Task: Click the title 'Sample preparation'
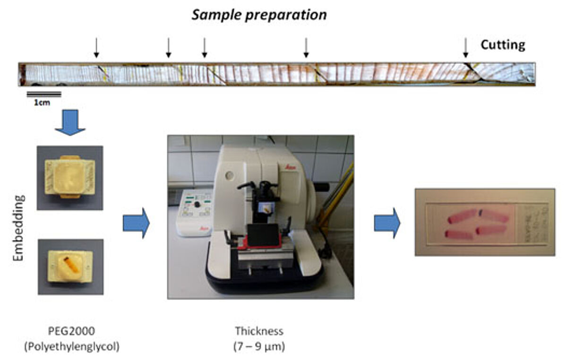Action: [259, 15]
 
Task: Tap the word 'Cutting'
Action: [503, 45]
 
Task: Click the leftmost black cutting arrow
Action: [96, 48]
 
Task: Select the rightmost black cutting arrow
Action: [465, 48]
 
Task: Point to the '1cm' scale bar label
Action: [42, 101]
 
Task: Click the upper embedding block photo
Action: [70, 178]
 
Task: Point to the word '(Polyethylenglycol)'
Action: [71, 346]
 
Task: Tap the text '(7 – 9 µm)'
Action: [259, 346]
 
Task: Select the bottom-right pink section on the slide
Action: [491, 230]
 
